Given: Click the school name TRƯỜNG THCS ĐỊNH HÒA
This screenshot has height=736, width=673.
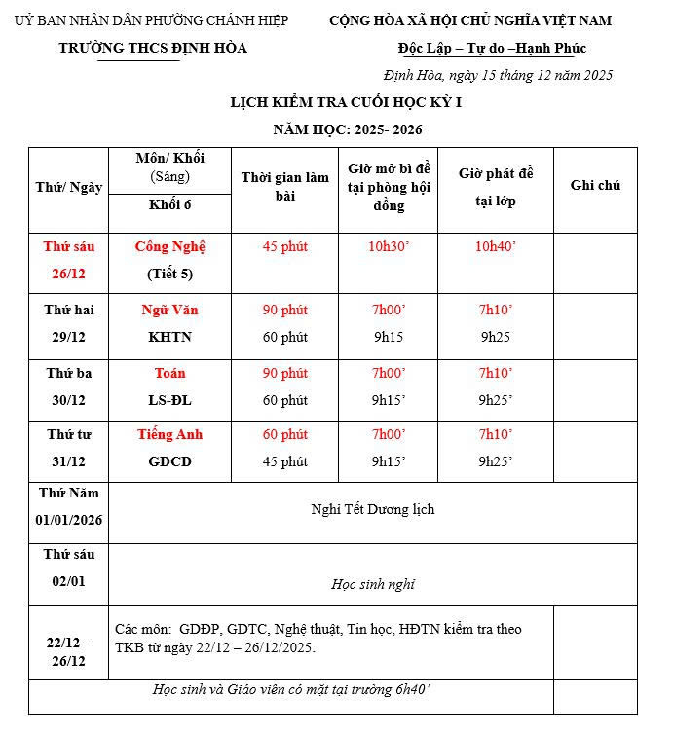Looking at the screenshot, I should [x=153, y=48].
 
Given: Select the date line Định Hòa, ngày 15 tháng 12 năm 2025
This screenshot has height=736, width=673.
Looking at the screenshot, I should [x=498, y=75].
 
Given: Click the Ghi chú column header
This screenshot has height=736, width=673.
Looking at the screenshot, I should [x=595, y=185].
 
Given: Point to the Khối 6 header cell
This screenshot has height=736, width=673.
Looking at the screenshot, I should [x=170, y=203].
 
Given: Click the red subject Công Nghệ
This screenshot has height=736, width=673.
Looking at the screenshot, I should [x=170, y=246].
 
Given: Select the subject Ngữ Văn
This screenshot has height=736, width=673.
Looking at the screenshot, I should [x=170, y=310].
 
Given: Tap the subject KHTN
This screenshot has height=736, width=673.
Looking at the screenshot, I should [x=170, y=337].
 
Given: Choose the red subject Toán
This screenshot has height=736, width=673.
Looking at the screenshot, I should [x=170, y=373].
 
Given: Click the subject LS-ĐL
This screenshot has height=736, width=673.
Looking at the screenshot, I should [x=170, y=400].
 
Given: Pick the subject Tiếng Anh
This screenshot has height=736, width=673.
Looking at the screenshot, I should [x=170, y=434].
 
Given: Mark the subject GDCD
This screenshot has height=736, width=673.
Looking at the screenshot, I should [x=170, y=461].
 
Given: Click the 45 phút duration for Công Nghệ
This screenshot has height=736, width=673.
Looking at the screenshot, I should [x=284, y=246].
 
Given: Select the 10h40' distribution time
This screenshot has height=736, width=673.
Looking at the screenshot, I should [x=496, y=246].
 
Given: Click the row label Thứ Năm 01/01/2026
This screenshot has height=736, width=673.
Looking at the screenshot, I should [x=68, y=506].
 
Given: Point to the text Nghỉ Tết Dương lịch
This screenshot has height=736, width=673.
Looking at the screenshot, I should [x=373, y=509].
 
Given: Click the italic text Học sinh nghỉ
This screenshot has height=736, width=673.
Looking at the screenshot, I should [x=373, y=584].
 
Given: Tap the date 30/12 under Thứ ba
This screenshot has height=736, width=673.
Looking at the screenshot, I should [x=68, y=400].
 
